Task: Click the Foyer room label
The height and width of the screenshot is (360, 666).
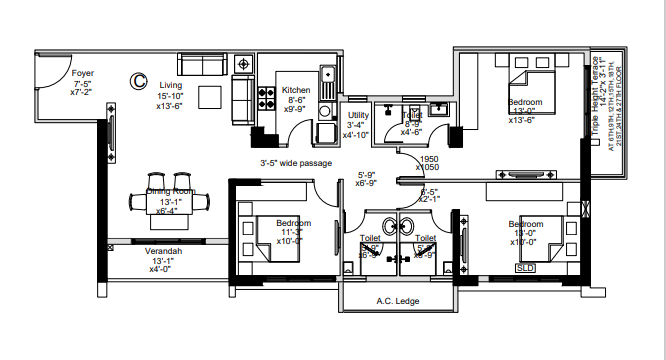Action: (x=82, y=72)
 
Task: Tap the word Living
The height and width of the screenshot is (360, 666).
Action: (x=171, y=85)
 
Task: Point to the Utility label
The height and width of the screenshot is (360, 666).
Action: (x=358, y=115)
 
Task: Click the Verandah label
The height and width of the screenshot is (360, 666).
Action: (x=163, y=251)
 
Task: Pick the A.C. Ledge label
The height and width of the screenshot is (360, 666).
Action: (x=397, y=301)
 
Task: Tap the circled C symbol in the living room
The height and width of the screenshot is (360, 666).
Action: (x=140, y=77)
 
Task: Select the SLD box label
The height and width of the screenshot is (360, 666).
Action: (x=525, y=268)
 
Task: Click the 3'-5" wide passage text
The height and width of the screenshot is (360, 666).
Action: (x=296, y=163)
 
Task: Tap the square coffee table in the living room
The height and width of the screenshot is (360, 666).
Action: (x=210, y=97)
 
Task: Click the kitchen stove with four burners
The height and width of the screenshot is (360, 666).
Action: (x=267, y=99)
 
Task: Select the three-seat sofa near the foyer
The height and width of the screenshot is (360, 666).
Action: (x=203, y=65)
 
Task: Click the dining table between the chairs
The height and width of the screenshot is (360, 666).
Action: (x=168, y=203)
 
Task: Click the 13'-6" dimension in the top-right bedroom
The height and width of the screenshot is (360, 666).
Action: (x=525, y=120)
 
